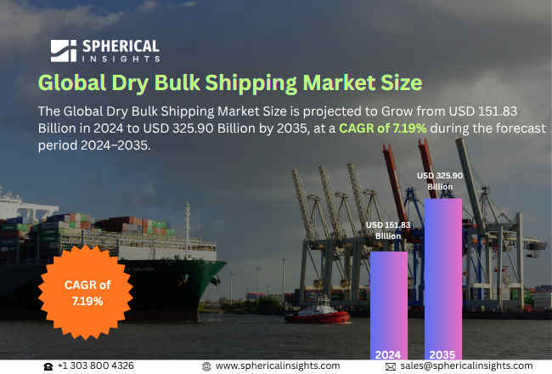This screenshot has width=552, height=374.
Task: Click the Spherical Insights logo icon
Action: click(63, 51)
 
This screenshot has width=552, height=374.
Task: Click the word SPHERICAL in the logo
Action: click(120, 46)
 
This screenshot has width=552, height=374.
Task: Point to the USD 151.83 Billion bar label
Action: click(388, 229)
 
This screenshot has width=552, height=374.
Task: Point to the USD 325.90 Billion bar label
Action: click(440, 180)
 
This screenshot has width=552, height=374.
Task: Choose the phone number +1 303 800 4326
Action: click(95, 365)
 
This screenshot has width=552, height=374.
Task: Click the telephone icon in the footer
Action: click(48, 365)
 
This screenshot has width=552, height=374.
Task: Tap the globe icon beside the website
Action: click(206, 365)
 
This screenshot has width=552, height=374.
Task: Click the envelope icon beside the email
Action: click(391, 365)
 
